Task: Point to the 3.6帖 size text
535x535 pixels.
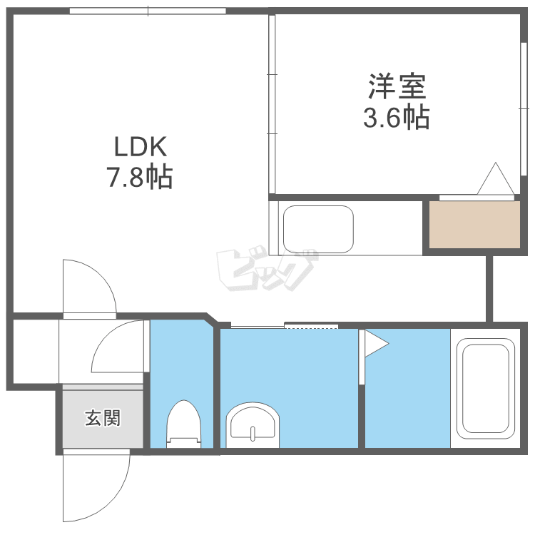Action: (x=397, y=117)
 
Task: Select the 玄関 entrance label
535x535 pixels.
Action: (x=103, y=418)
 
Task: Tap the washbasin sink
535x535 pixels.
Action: (x=252, y=426)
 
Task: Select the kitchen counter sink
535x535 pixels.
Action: (x=318, y=228)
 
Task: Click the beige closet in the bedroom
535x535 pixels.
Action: (x=474, y=225)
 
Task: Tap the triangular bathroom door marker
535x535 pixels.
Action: (x=376, y=344)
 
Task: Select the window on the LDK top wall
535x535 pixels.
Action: (x=148, y=11)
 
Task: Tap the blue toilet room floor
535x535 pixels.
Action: (x=181, y=364)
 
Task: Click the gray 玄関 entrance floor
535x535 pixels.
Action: (x=103, y=428)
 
